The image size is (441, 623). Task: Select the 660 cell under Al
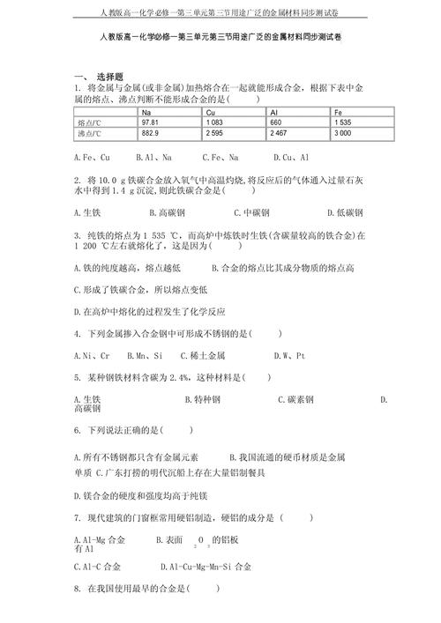click(276, 122)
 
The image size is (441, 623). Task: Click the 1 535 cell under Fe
click(343, 122)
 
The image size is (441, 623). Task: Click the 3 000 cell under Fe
click(343, 133)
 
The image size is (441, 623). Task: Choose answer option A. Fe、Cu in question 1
click(92, 157)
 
